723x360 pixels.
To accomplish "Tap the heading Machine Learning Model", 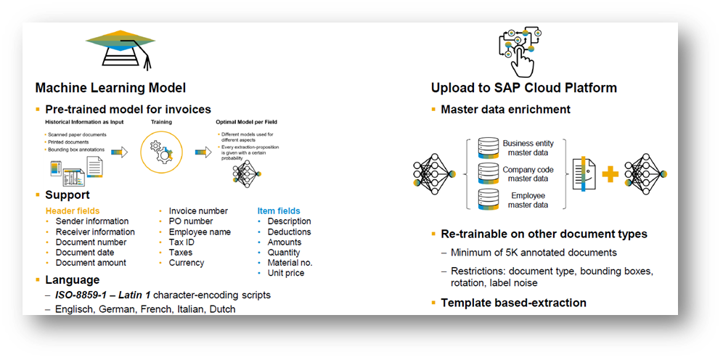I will click(x=110, y=88).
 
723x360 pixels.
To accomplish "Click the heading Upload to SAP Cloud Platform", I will click(x=523, y=88).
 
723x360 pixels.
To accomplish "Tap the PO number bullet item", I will click(x=191, y=221).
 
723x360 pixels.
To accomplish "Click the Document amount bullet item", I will click(x=91, y=263).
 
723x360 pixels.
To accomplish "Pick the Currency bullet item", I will click(x=187, y=263).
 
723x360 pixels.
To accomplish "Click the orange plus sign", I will click(x=610, y=175).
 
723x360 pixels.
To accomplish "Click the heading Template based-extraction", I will click(x=513, y=303).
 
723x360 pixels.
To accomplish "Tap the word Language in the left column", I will click(x=72, y=279).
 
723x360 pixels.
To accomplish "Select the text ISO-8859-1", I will click(x=81, y=295).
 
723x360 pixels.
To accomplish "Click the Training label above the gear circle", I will click(x=161, y=122).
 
